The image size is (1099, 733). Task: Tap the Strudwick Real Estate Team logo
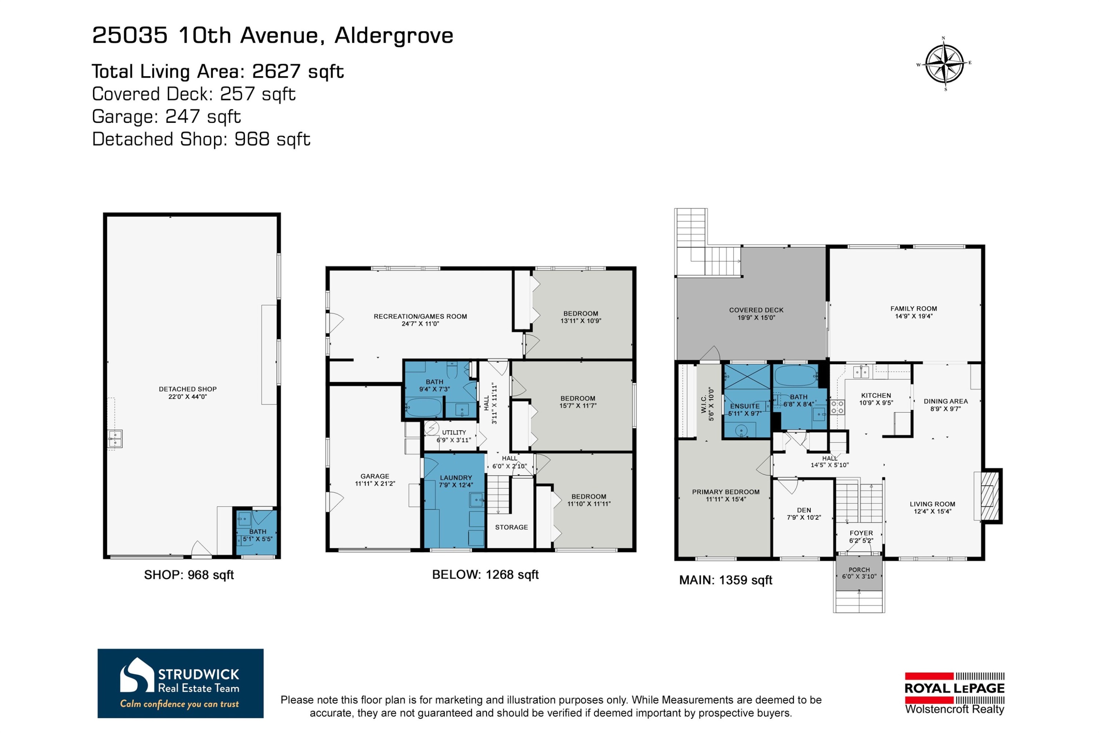click(180, 683)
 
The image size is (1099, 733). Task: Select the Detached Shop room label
click(187, 389)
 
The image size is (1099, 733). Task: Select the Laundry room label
click(456, 478)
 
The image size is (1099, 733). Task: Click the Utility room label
click(454, 432)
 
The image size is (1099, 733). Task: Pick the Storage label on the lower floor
click(511, 527)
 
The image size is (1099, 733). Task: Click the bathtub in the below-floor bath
click(423, 407)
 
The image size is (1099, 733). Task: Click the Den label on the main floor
click(804, 510)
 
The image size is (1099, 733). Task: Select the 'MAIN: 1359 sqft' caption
click(725, 580)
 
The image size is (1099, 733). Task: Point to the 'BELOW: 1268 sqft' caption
click(485, 575)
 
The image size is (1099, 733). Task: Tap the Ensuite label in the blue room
click(744, 406)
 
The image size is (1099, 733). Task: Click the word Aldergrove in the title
click(393, 36)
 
